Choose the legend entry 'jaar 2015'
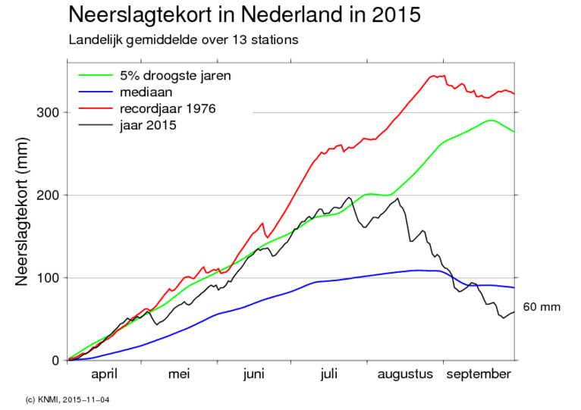(x=147, y=124)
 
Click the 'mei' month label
(x=179, y=374)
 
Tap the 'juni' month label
(x=253, y=374)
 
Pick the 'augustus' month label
(x=404, y=374)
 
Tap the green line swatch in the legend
(x=96, y=76)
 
